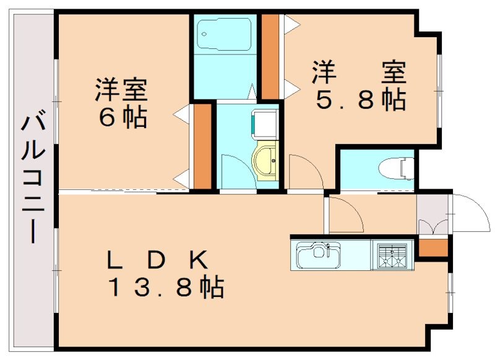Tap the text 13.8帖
[x=166, y=287]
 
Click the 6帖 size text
[x=122, y=118]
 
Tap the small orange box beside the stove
[x=431, y=247]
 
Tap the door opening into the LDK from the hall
[x=345, y=213]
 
